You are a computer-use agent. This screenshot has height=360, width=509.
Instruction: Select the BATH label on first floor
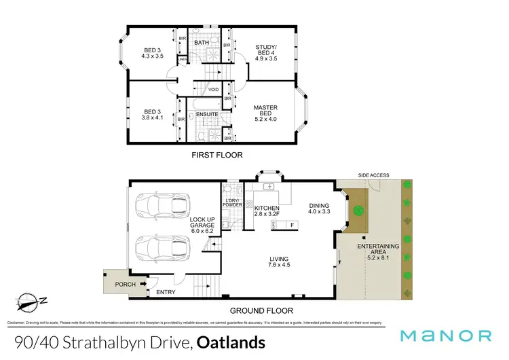click(202, 43)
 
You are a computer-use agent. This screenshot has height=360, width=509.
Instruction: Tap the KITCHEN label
click(267, 207)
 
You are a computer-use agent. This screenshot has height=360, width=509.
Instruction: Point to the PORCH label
click(124, 284)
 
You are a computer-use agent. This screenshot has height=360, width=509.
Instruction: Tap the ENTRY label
click(165, 292)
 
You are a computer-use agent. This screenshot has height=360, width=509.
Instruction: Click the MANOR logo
click(446, 336)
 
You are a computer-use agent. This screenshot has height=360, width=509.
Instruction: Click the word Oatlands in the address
click(231, 342)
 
